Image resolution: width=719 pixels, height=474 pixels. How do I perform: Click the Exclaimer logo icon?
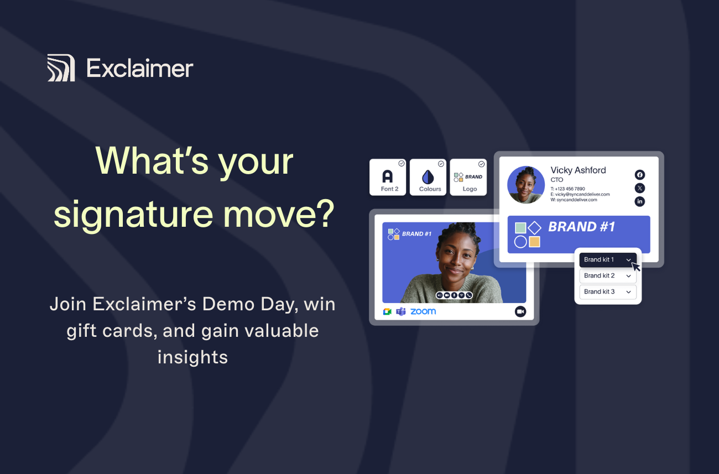[61, 67]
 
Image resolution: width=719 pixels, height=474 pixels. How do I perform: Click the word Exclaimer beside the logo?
[140, 68]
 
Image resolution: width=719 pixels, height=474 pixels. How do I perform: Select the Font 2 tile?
[388, 177]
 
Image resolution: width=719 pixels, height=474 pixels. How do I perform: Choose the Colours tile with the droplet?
[428, 177]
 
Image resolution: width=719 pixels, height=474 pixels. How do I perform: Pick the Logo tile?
[468, 177]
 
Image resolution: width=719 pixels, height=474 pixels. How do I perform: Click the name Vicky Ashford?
[578, 170]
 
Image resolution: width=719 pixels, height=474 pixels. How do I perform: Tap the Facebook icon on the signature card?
[640, 175]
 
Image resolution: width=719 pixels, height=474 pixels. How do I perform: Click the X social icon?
[640, 188]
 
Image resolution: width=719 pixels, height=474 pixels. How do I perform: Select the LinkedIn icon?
[640, 201]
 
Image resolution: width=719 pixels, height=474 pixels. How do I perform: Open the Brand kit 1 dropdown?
[608, 259]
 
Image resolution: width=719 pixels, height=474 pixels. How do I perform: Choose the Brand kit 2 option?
[608, 275]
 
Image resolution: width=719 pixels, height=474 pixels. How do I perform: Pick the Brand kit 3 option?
[608, 291]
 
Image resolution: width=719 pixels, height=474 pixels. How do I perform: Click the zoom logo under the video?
[423, 311]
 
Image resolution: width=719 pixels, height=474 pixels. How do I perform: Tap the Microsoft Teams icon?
[401, 311]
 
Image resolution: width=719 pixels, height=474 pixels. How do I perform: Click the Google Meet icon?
[387, 311]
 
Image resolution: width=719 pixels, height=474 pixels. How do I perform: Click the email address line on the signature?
[580, 194]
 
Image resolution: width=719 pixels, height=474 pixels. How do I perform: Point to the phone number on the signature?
[568, 189]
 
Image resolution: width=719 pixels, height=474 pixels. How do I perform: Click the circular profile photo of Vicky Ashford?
[526, 185]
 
